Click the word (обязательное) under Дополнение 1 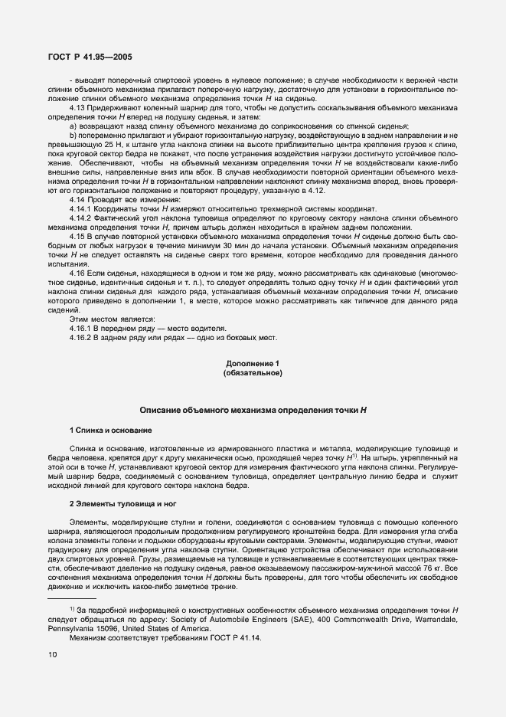point(253,373)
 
